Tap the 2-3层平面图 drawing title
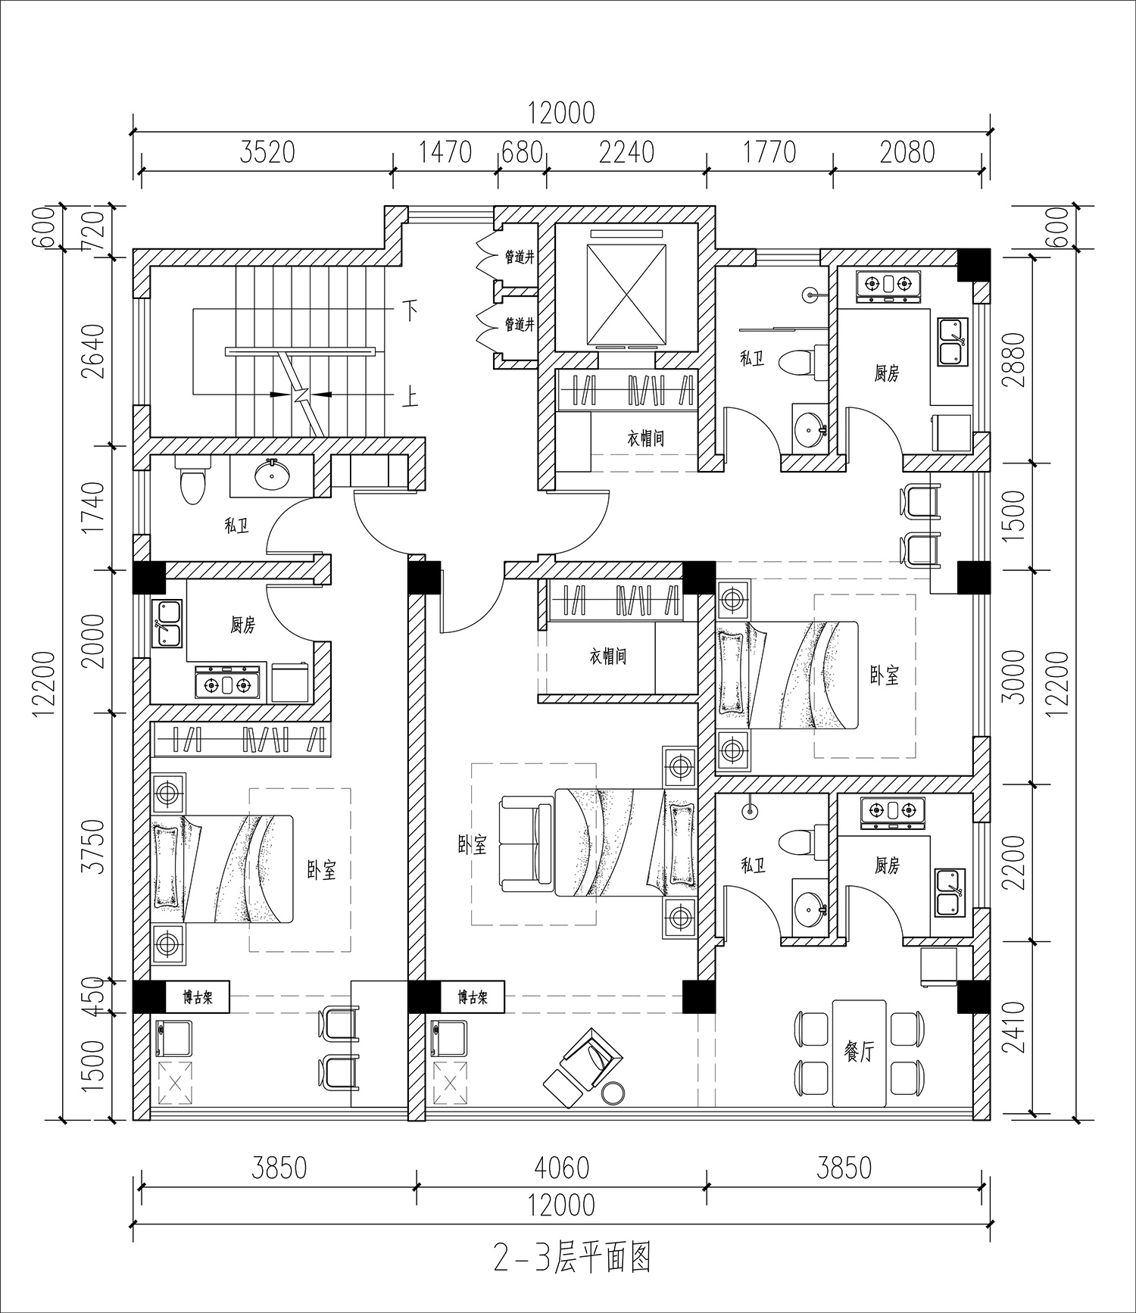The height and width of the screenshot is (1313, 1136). tap(572, 1258)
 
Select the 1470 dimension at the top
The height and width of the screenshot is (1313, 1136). tap(445, 152)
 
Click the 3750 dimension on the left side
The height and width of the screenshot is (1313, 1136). tap(94, 846)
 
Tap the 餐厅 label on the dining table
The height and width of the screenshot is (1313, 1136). tap(859, 1052)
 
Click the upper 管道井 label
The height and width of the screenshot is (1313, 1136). tap(520, 257)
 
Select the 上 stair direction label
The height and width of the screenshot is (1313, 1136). tap(410, 396)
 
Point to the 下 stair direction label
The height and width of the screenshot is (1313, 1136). tap(410, 310)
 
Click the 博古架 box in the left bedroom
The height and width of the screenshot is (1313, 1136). tap(197, 997)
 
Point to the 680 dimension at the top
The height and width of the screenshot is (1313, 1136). tap(522, 152)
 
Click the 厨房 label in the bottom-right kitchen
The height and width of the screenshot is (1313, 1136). tap(887, 865)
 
